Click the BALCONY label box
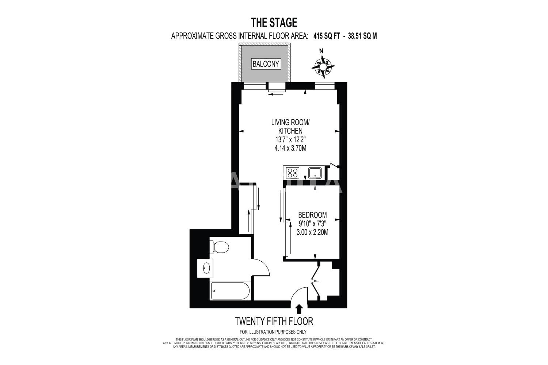266,64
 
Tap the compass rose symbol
323,66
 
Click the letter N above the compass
321,51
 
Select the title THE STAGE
274,23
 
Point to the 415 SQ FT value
327,36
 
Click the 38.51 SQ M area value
362,36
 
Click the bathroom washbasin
205,268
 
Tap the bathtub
230,291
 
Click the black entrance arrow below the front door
299,309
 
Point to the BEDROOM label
312,215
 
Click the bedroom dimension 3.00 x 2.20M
312,232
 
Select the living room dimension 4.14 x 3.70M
290,148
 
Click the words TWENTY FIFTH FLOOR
274,321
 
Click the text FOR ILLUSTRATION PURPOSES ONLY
273,332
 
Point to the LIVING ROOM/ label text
290,122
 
